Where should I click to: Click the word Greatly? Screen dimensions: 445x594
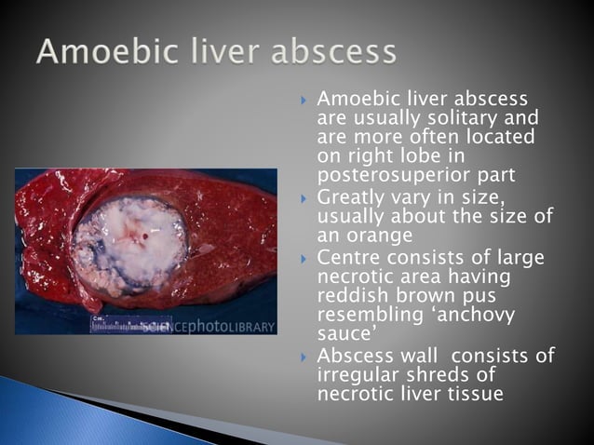point(351,198)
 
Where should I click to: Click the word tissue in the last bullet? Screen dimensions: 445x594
point(476,395)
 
